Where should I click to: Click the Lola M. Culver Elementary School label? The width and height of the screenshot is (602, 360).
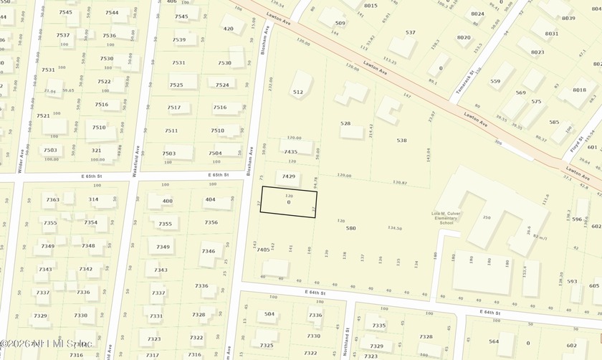click(446, 217)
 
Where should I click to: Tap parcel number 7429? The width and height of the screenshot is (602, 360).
click(288, 176)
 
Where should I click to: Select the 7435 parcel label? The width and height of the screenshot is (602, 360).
click(290, 152)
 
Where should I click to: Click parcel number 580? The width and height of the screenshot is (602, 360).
click(350, 228)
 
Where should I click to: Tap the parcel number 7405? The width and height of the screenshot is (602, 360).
click(262, 250)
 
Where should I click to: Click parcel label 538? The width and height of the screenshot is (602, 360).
click(401, 141)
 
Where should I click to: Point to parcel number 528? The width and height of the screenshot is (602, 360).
click(345, 123)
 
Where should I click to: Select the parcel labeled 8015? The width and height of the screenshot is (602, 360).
click(371, 6)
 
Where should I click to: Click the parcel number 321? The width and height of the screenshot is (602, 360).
click(95, 150)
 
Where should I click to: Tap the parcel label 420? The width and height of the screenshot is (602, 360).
click(228, 29)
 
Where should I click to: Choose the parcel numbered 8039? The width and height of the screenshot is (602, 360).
click(569, 18)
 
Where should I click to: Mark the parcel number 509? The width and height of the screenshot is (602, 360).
click(340, 23)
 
